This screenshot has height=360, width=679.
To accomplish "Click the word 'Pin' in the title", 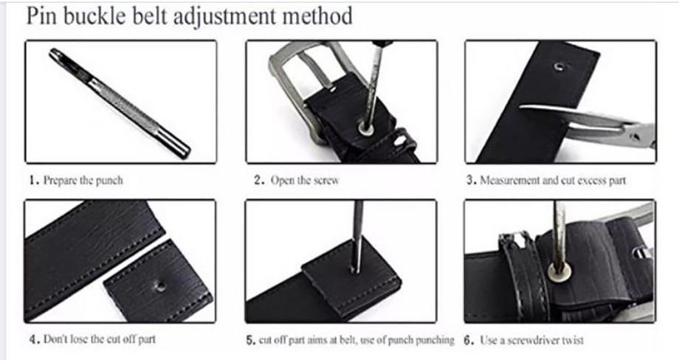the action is point(41,16).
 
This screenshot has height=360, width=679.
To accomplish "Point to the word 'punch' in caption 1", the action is point(109,181).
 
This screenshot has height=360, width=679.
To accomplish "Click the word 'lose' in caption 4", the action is point(79,339).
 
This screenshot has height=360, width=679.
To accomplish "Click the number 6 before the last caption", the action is point(467,340).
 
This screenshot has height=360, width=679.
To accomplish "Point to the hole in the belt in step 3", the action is point(559,67).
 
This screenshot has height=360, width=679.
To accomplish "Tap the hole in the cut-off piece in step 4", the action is point(160,285).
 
